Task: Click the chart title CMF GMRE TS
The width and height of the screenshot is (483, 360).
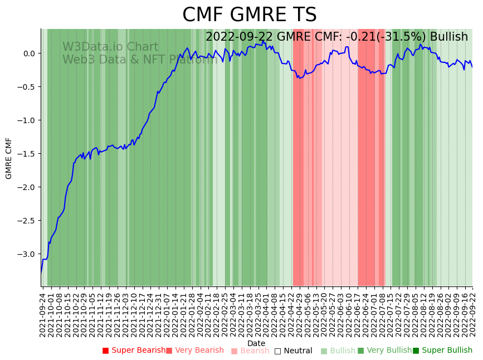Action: [249, 15]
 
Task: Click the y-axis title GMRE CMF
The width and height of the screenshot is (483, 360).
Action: [9, 158]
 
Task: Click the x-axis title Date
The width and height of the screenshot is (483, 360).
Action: [256, 343]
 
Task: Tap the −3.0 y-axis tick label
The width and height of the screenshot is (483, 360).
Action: [26, 254]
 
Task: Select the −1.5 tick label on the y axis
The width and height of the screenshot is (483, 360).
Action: [26, 154]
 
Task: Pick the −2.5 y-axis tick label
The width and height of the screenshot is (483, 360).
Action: [26, 221]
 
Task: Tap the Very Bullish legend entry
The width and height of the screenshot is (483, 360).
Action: [389, 351]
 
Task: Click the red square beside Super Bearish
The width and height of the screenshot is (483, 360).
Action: [105, 351]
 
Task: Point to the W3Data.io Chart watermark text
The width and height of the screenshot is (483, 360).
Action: [110, 47]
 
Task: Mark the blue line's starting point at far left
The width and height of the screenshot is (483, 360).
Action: [41, 273]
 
